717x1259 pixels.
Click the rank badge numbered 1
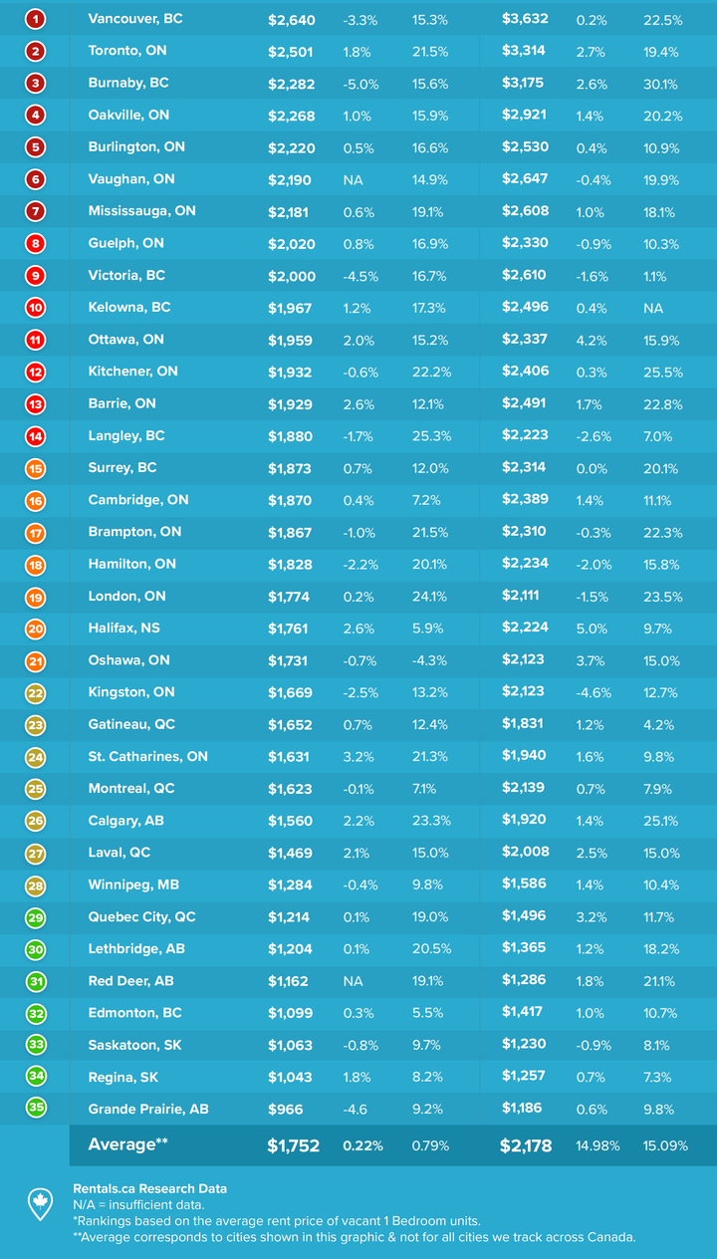pos(36,19)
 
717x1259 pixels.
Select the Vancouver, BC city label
pos(135,19)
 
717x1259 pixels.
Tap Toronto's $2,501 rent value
pos(292,51)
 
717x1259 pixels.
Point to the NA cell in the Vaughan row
pos(353,179)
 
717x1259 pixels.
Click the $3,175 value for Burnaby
pos(524,83)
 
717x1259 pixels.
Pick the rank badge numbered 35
pos(36,1109)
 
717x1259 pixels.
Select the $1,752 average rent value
pos(293,1145)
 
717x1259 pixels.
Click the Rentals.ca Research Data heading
pos(149,1188)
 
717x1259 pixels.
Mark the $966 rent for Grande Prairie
pos(285,1109)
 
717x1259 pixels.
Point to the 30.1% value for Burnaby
pos(662,83)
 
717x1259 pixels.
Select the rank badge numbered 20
pos(36,629)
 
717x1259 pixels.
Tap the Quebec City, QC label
pos(142,916)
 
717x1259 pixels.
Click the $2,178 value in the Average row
pos(526,1145)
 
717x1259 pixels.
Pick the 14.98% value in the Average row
pos(597,1145)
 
